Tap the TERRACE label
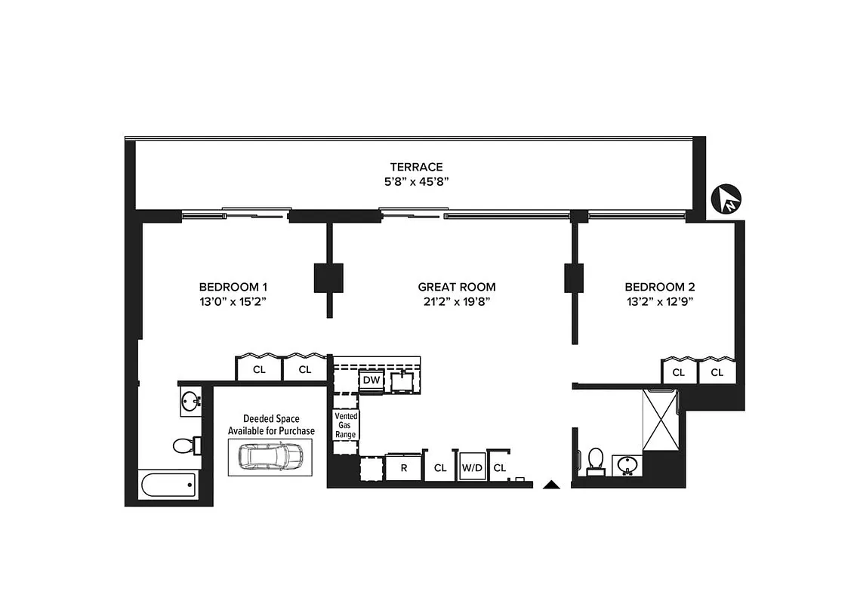click(x=416, y=167)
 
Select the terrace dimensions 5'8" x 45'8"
click(x=416, y=181)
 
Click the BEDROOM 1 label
click(x=233, y=287)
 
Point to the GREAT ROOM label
click(x=457, y=287)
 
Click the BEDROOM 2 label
click(x=659, y=287)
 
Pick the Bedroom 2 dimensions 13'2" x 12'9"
click(x=659, y=301)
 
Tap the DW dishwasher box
click(x=371, y=381)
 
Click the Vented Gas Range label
click(x=346, y=425)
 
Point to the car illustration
click(x=270, y=455)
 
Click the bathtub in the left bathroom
click(x=168, y=485)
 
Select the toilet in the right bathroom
click(x=596, y=459)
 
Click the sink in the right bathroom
click(x=626, y=464)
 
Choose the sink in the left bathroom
click(x=190, y=401)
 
